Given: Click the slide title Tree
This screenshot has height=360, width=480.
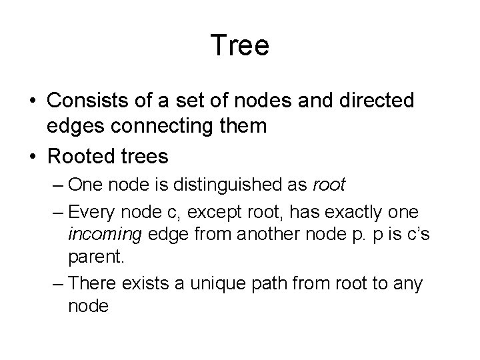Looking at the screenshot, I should click(x=239, y=46).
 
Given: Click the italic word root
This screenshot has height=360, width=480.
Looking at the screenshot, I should click(x=329, y=185).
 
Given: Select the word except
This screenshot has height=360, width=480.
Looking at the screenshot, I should click(x=205, y=212).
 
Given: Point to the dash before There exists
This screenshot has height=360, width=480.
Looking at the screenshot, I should click(x=58, y=283).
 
